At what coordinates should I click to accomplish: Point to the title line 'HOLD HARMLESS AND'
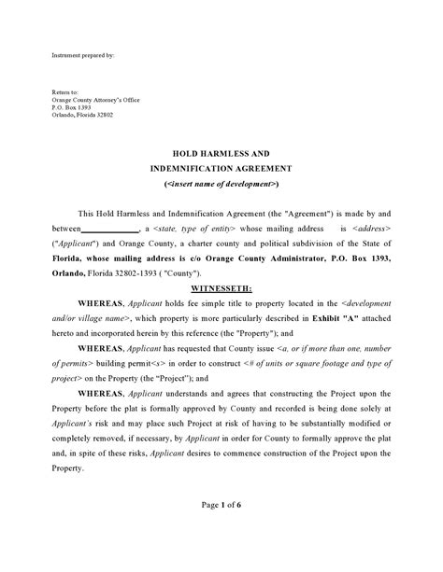221,151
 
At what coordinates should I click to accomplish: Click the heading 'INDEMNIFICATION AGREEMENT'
221,168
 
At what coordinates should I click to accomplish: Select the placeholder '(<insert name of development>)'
221,185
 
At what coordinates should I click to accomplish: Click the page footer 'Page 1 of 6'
221,531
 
